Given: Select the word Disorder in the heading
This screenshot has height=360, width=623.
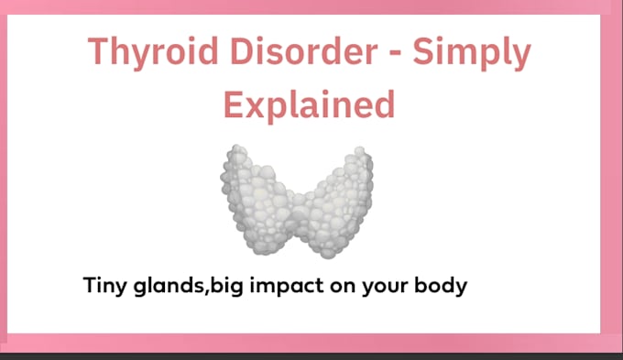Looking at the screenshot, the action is coord(303,50).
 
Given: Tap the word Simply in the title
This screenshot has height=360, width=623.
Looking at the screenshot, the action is coord(472,53).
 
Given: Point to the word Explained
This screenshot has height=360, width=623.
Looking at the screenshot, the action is coord(309,104).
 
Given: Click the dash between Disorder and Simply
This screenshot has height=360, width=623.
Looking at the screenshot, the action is coord(395,53).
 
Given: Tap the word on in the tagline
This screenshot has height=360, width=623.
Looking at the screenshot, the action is coord(342,288).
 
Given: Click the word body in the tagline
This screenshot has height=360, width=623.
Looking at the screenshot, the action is coord(441,286).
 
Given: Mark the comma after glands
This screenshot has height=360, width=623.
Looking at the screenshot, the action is coord(207,294).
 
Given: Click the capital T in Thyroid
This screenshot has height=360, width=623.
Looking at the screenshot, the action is coord(99,50).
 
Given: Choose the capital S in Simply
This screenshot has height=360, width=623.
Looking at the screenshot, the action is coord(423,50).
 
